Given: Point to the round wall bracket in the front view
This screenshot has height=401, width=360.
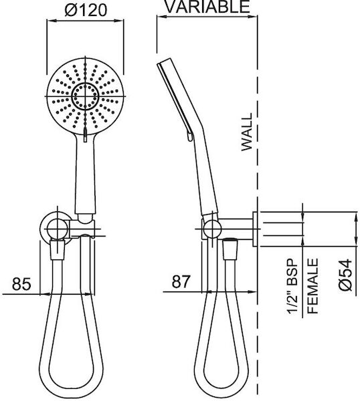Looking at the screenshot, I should click(57, 227).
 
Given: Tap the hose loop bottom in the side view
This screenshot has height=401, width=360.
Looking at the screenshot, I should click(221, 390).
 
